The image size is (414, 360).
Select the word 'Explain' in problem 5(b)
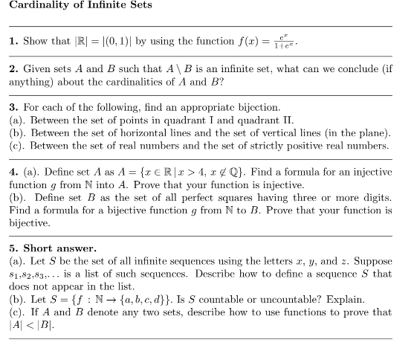click(355, 303)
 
